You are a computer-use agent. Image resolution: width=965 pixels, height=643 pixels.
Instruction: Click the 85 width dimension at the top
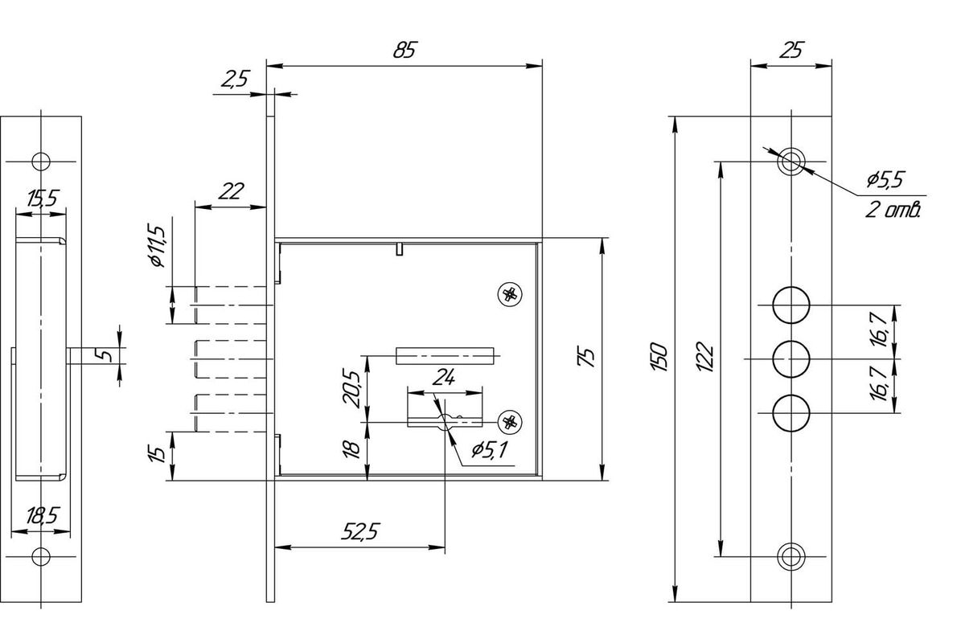[404, 50]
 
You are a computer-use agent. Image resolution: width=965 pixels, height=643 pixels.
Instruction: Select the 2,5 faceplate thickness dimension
[234, 79]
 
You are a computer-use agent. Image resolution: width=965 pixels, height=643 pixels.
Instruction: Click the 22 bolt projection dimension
[230, 191]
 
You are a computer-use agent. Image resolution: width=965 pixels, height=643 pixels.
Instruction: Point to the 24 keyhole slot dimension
[444, 376]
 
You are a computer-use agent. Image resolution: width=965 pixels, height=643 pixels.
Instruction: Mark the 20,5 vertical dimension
[351, 388]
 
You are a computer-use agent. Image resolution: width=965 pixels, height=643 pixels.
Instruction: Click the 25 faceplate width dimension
[790, 51]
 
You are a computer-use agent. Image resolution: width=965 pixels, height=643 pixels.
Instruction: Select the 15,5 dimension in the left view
[42, 199]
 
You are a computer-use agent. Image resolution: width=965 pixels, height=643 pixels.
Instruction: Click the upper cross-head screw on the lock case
[508, 294]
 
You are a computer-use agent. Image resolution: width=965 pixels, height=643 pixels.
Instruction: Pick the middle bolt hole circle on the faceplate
[790, 359]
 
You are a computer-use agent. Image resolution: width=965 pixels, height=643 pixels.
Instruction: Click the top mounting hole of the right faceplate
[790, 161]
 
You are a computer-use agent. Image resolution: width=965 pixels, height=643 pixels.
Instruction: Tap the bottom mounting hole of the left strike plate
[40, 558]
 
